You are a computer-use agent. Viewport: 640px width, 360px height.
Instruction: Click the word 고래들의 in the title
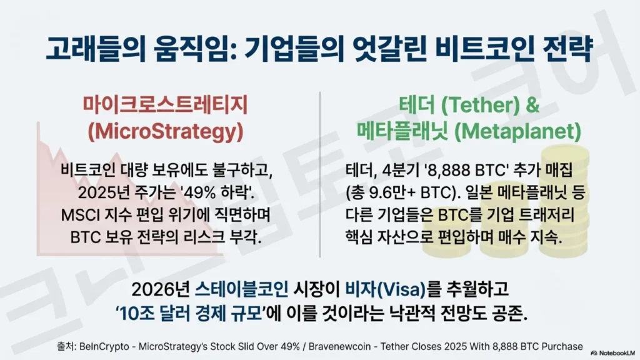[x=96, y=49]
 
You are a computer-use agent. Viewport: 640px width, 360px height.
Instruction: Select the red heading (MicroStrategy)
[x=165, y=131]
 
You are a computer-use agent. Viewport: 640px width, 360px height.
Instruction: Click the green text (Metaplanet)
[x=517, y=131]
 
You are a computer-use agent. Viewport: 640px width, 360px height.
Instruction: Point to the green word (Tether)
[x=481, y=105]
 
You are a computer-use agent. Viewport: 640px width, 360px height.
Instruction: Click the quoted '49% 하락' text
[x=217, y=192]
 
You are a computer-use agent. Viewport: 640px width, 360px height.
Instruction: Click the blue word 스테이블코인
[x=242, y=289]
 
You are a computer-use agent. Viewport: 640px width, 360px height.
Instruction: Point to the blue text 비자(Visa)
[x=385, y=289]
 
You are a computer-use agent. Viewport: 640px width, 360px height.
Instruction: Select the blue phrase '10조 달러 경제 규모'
[x=190, y=313]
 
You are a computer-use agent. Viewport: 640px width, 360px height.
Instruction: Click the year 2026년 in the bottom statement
[x=161, y=289]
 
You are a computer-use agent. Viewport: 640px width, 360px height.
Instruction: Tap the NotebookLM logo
[x=612, y=353]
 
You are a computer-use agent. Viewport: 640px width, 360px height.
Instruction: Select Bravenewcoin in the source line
[x=339, y=347]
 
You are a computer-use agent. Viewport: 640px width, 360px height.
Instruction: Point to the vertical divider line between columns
[x=320, y=175]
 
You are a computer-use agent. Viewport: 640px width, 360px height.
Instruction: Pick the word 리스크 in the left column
[x=204, y=237]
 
